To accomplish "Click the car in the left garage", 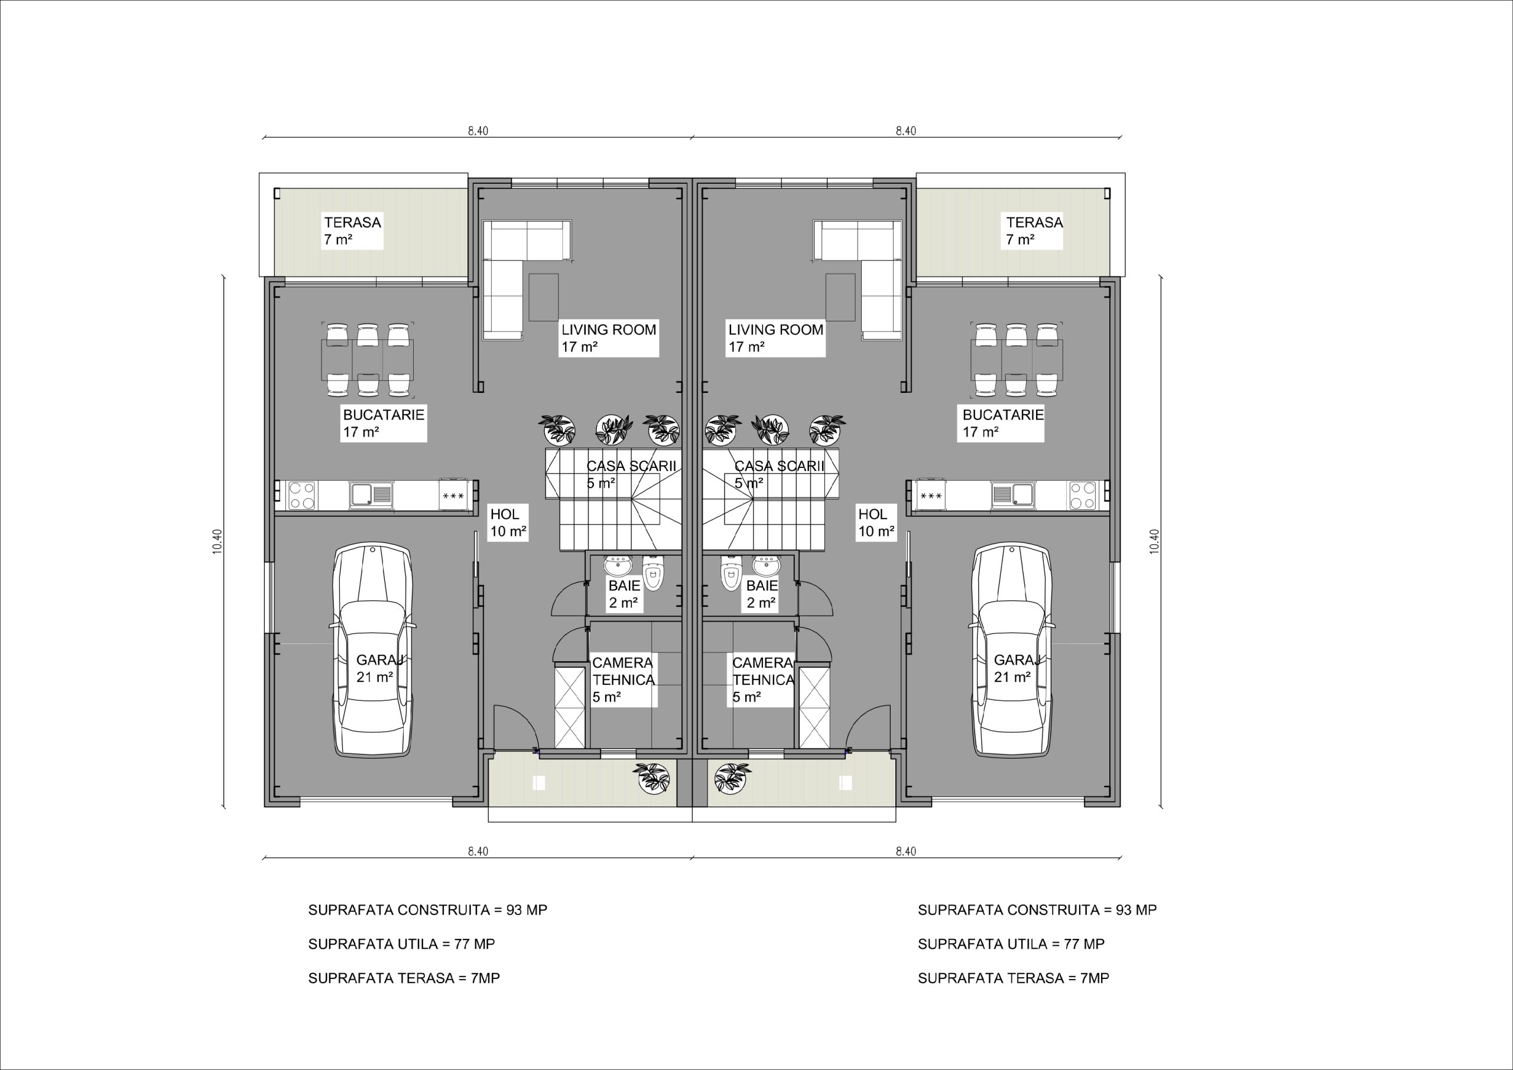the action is (x=373, y=650).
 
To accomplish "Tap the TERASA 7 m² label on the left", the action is (x=353, y=230).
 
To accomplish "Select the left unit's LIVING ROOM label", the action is (x=609, y=339).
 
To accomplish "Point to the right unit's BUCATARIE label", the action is (x=1003, y=423).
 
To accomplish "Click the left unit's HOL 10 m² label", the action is (x=508, y=523).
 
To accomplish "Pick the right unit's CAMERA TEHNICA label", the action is (x=762, y=680).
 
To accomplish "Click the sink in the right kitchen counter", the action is (x=1013, y=494).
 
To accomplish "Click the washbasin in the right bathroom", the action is (x=766, y=564).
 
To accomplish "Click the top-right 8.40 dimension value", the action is (x=905, y=131).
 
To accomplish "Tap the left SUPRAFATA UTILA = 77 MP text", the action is (x=401, y=944).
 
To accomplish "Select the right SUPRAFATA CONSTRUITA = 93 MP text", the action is (x=1037, y=909).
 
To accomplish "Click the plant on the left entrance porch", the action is (x=653, y=778).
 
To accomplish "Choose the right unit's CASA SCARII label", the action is (x=779, y=474).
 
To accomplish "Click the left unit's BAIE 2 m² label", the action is (x=623, y=594).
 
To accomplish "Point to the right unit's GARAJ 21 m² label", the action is (x=1016, y=668).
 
